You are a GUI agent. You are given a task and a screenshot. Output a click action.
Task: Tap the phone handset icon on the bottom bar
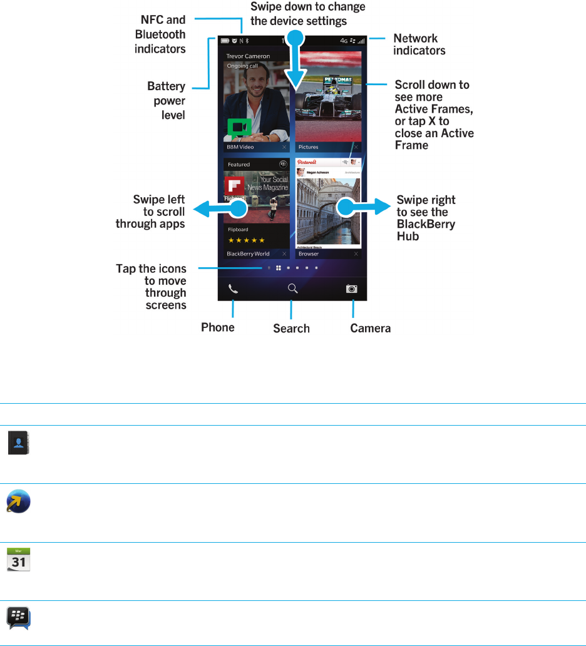[233, 289]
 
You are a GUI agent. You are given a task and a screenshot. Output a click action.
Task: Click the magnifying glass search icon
[292, 289]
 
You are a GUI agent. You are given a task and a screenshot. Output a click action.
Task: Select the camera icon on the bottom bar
[352, 289]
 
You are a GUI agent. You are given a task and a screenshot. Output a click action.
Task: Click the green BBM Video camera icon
[239, 128]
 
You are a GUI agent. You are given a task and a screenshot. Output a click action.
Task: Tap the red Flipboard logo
[234, 187]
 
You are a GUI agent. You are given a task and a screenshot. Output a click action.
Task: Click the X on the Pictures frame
[356, 147]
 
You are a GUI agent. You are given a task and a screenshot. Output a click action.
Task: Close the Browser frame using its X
[356, 254]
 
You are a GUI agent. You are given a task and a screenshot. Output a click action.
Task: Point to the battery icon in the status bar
[225, 41]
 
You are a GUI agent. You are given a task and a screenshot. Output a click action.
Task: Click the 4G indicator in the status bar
[344, 41]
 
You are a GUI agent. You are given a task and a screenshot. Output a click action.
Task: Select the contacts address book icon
[19, 444]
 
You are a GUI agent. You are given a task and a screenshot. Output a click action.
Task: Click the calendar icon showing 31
[19, 558]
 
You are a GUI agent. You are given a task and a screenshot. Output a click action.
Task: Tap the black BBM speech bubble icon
[19, 618]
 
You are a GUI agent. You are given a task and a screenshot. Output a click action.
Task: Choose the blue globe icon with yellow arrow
[19, 502]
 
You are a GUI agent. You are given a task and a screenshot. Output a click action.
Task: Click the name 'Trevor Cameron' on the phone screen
[248, 56]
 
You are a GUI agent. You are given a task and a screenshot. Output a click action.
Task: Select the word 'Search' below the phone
[291, 328]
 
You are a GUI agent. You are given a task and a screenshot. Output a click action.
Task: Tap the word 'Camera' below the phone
[371, 328]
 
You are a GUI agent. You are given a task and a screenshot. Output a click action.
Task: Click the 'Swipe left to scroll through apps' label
[159, 212]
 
